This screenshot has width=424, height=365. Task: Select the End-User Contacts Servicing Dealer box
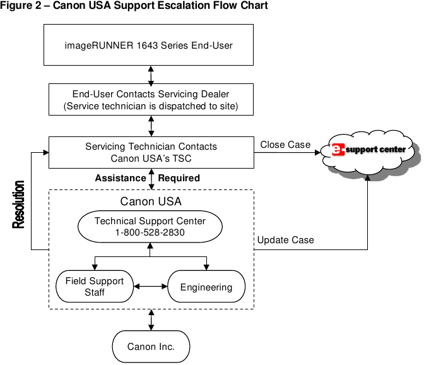(x=151, y=100)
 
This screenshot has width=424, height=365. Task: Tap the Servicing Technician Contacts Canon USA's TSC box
(x=151, y=152)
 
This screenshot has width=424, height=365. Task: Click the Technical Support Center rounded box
(x=150, y=226)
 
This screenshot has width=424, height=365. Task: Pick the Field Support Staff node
(x=95, y=286)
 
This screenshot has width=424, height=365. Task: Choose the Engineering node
(x=206, y=287)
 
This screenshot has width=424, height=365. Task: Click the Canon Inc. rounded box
(x=151, y=346)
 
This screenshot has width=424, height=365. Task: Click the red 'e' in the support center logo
(x=338, y=150)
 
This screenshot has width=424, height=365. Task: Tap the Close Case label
(x=285, y=145)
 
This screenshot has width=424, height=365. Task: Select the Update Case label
(x=285, y=240)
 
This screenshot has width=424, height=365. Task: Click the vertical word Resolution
(x=19, y=205)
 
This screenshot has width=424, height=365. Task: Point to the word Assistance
(x=121, y=178)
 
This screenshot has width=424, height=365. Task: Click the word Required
(x=179, y=178)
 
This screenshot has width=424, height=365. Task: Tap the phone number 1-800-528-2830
(x=150, y=232)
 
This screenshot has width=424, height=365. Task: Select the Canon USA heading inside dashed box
(x=151, y=202)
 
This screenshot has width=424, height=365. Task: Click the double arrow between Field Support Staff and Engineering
(x=150, y=287)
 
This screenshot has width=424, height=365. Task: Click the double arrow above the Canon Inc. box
(x=151, y=320)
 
